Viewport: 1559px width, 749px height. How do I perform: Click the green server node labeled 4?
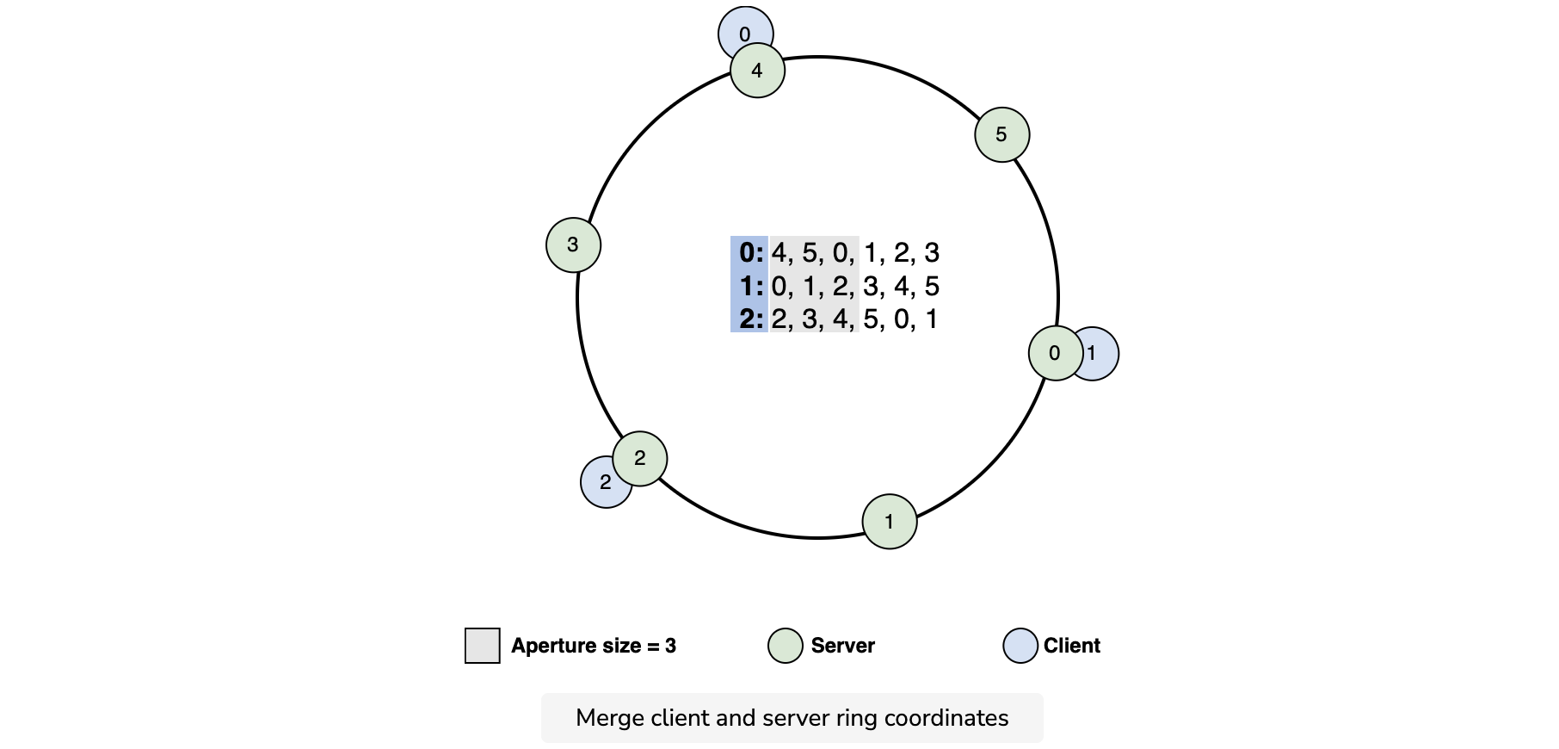(758, 71)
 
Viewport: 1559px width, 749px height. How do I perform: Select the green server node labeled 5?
(1002, 134)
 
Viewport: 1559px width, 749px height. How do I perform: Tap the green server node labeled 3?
(574, 245)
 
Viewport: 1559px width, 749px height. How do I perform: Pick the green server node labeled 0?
(1056, 353)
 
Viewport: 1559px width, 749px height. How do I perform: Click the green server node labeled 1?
(890, 522)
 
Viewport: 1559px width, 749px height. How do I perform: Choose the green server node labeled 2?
(640, 459)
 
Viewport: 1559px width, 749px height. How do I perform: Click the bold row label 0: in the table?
(751, 252)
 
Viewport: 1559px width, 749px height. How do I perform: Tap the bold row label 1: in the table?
(751, 286)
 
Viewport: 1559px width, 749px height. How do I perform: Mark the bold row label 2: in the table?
(751, 319)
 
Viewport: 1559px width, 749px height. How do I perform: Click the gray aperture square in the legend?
(483, 646)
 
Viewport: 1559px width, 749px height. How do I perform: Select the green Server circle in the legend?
(786, 646)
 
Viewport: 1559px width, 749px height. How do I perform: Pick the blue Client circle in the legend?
(1020, 646)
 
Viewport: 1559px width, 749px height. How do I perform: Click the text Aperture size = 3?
(594, 646)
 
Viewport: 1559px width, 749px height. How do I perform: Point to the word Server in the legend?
(843, 646)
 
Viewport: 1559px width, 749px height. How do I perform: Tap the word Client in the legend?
(1072, 646)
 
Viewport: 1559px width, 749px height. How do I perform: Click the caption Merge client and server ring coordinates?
(792, 718)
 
